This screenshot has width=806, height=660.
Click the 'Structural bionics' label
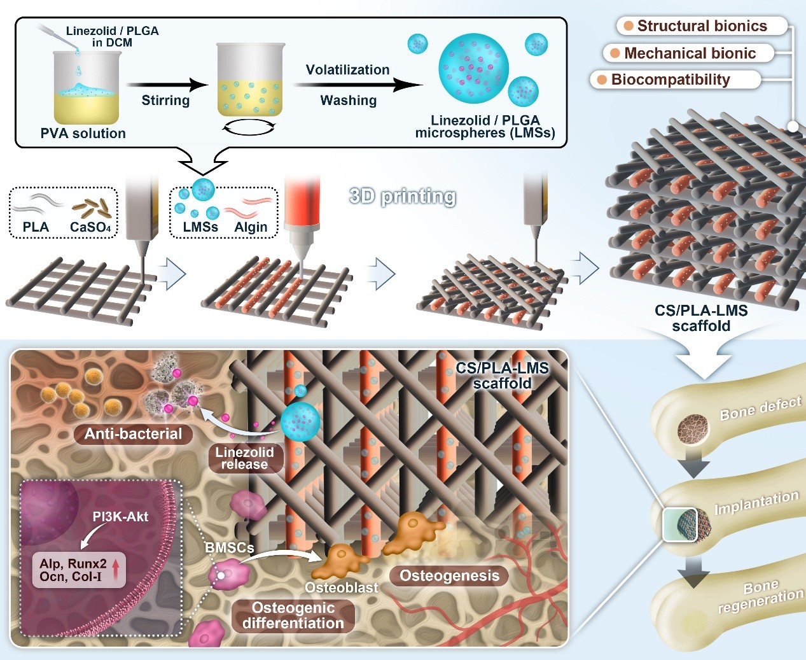[702, 26]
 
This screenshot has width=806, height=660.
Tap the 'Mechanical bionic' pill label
[689, 53]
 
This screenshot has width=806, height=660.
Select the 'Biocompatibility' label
[676, 80]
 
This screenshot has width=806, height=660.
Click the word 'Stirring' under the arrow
[165, 100]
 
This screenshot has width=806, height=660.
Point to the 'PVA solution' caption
[83, 134]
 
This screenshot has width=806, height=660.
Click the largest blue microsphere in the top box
[473, 69]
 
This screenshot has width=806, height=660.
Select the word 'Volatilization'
[347, 69]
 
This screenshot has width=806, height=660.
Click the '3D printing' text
[403, 197]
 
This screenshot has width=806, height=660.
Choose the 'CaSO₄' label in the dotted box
[90, 227]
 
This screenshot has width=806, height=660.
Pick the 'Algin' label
[251, 227]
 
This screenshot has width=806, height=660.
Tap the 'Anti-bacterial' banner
[133, 433]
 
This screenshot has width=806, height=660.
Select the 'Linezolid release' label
[244, 458]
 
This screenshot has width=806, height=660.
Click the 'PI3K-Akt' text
[120, 517]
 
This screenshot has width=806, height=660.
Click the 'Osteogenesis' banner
[449, 575]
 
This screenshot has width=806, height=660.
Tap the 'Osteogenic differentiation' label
[293, 615]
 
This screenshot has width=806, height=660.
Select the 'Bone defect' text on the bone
[760, 409]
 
